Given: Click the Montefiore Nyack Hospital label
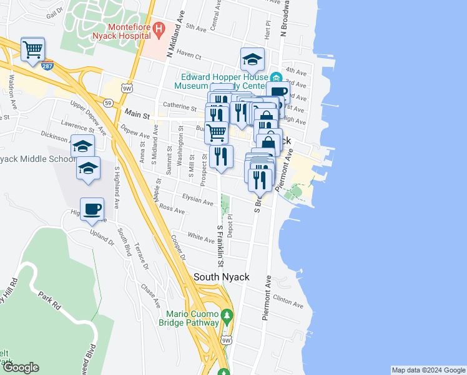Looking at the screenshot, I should point(128,31).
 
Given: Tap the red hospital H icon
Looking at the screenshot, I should point(159,28).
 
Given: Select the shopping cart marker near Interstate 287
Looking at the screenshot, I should point(32,49).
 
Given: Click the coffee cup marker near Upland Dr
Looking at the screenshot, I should point(92,209).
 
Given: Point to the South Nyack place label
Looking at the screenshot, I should point(222,277).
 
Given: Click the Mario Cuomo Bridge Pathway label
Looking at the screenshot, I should point(193,318).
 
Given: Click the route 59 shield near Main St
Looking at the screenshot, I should point(109,102).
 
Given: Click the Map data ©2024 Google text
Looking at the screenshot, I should point(428,370).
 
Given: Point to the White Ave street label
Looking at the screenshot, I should point(201,237).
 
